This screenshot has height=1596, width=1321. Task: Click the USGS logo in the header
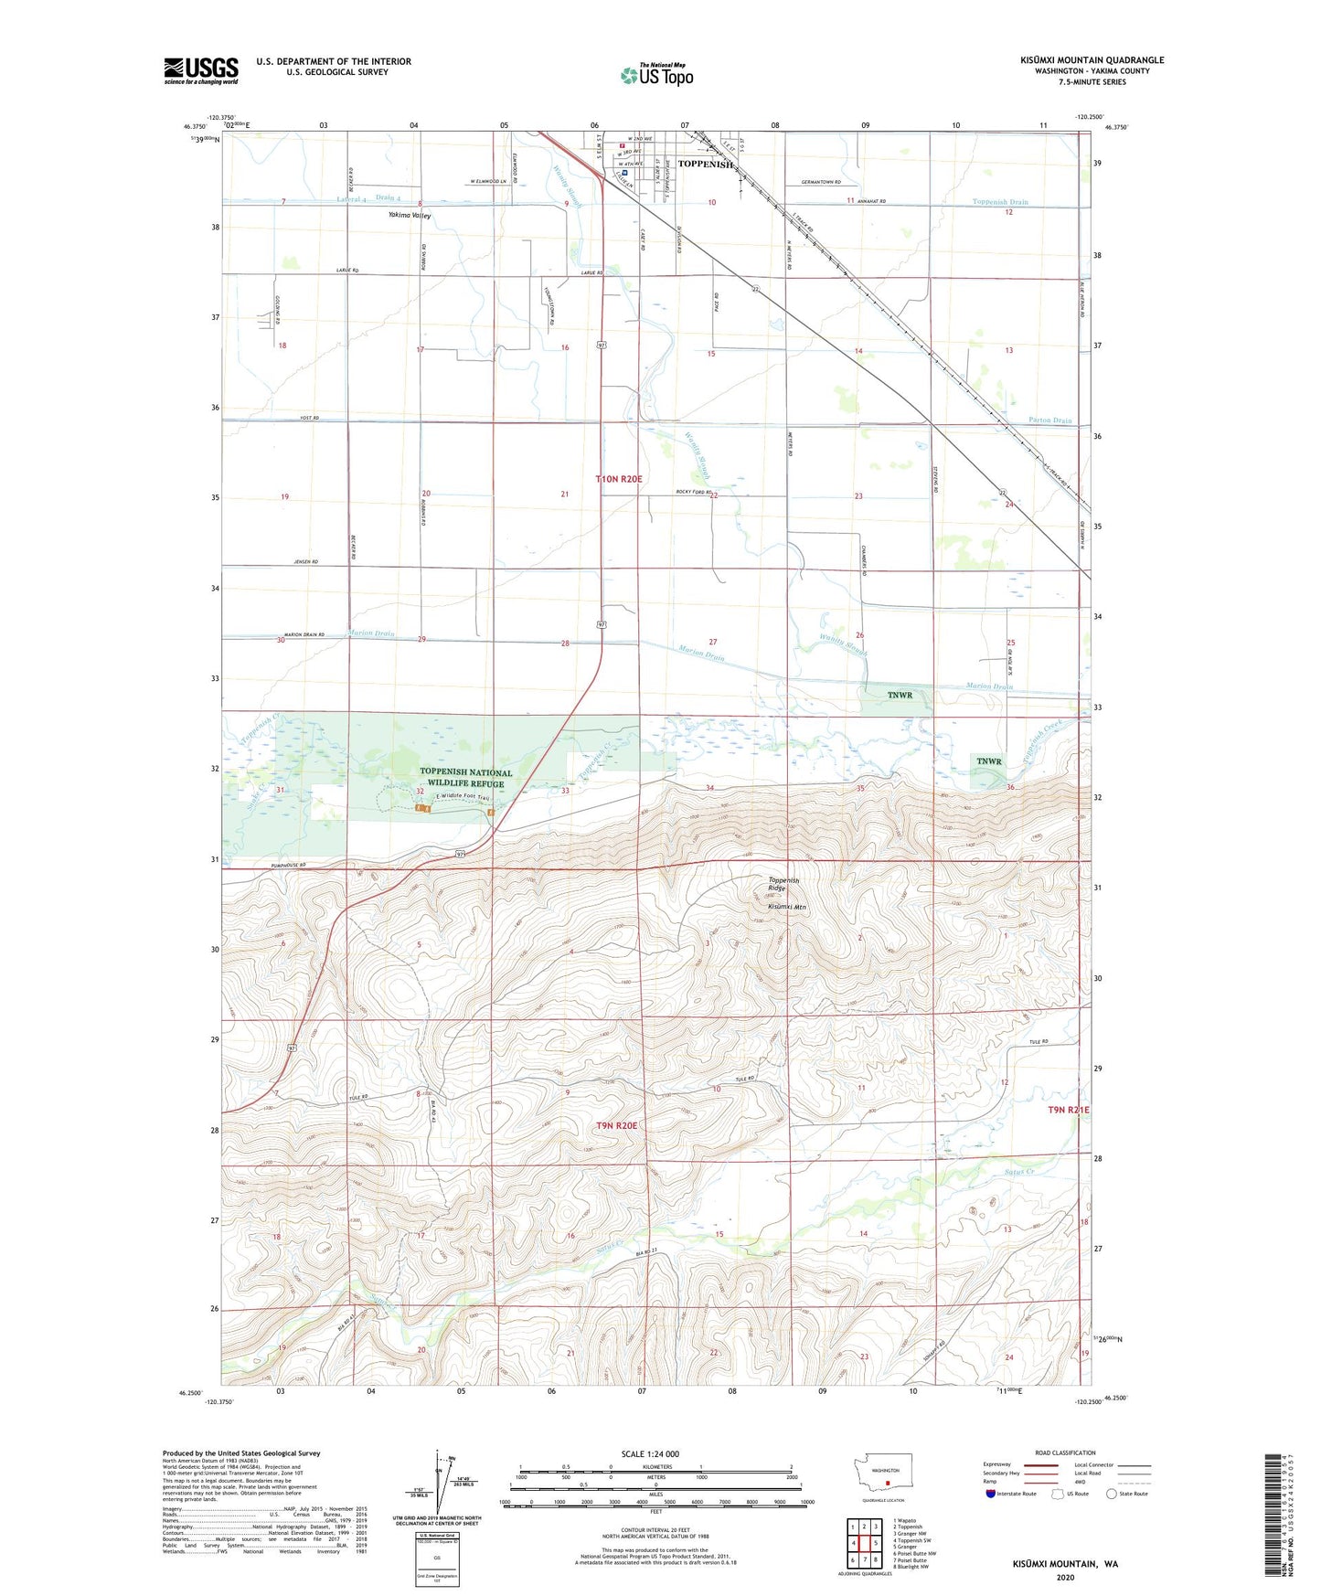pos(201,70)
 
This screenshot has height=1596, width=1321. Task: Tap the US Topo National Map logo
pos(656,74)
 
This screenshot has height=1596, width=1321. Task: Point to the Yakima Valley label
pos(409,216)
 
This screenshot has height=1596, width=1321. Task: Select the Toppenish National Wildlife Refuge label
pos(453,778)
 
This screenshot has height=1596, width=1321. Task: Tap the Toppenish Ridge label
pos(783,884)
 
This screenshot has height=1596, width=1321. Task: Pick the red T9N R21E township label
pos(1068,1110)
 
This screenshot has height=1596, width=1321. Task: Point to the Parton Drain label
pos(1049,420)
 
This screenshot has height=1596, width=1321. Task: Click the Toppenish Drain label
pos(999,202)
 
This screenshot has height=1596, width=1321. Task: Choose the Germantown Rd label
pos(820,182)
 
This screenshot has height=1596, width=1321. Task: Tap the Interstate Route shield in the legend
pos(992,1494)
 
